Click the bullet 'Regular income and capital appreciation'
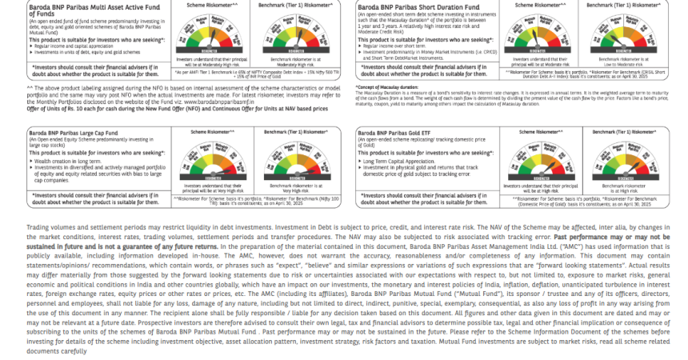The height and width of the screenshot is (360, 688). [68, 46]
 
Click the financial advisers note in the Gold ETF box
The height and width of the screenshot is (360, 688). [422, 197]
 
